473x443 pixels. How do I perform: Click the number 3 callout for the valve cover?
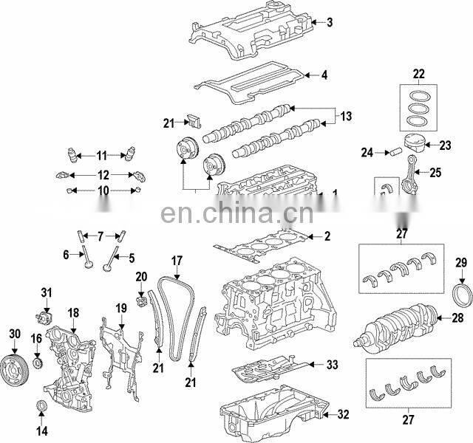pos(330,23)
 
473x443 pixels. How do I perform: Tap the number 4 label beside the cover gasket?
pos(324,75)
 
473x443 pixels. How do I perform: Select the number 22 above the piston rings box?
pos(419,74)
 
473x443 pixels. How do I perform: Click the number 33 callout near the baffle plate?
pos(332,364)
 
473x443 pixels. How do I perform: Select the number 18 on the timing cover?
pos(72,313)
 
